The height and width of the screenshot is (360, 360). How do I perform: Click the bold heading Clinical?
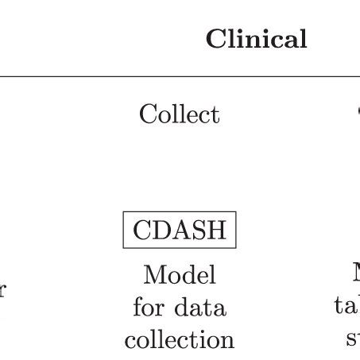click(x=256, y=39)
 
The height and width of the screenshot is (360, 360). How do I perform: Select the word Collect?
click(x=179, y=114)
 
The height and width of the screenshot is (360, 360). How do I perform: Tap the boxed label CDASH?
click(x=180, y=230)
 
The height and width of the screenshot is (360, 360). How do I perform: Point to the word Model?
click(x=180, y=275)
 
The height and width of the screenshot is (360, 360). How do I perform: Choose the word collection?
click(x=180, y=339)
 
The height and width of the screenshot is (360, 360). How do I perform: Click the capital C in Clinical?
click(x=215, y=39)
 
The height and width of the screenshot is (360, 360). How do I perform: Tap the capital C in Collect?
click(x=148, y=114)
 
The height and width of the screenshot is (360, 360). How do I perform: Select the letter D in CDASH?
click(x=160, y=230)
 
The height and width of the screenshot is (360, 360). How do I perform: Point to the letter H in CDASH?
click(x=216, y=230)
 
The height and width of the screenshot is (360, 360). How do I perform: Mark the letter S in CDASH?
click(x=198, y=230)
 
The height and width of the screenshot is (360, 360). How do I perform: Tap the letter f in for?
click(x=137, y=307)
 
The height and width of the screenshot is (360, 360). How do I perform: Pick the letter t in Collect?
click(x=215, y=115)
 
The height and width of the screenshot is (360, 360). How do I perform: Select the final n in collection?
click(x=227, y=340)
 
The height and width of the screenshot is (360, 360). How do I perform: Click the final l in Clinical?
click(x=303, y=39)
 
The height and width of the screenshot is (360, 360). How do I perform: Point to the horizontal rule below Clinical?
click(x=180, y=77)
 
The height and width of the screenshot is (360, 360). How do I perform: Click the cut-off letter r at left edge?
click(x=2, y=290)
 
